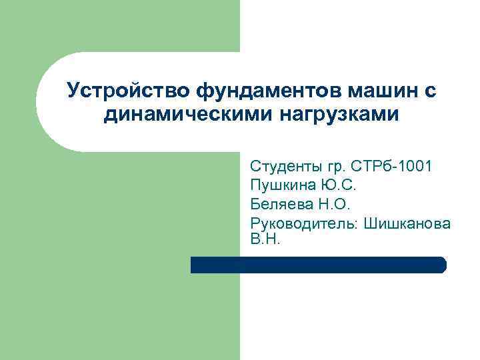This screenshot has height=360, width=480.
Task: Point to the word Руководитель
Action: click(304, 223)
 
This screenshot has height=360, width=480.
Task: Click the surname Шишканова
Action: click(408, 223)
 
